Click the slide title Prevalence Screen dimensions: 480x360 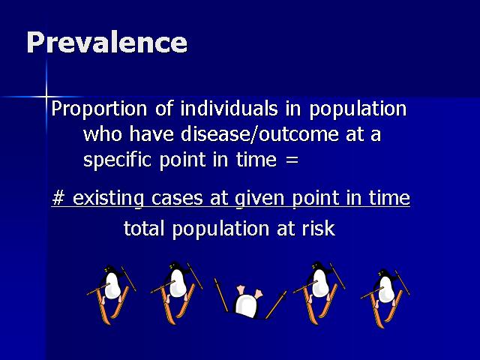106,43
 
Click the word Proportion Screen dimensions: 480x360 99,109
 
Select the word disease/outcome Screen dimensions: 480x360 260,133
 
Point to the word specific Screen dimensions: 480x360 117,160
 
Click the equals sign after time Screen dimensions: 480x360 292,160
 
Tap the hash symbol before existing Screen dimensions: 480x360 58,197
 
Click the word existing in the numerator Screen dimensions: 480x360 108,198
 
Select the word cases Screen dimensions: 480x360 177,199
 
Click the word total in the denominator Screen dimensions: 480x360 143,228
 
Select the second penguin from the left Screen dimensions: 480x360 177,292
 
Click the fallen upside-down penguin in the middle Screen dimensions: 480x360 249,301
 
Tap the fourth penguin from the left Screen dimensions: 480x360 319,292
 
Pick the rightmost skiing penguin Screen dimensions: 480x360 385,298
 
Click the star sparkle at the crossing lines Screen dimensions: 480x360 46,97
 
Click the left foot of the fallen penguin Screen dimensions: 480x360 241,290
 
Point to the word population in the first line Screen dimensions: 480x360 358,109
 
